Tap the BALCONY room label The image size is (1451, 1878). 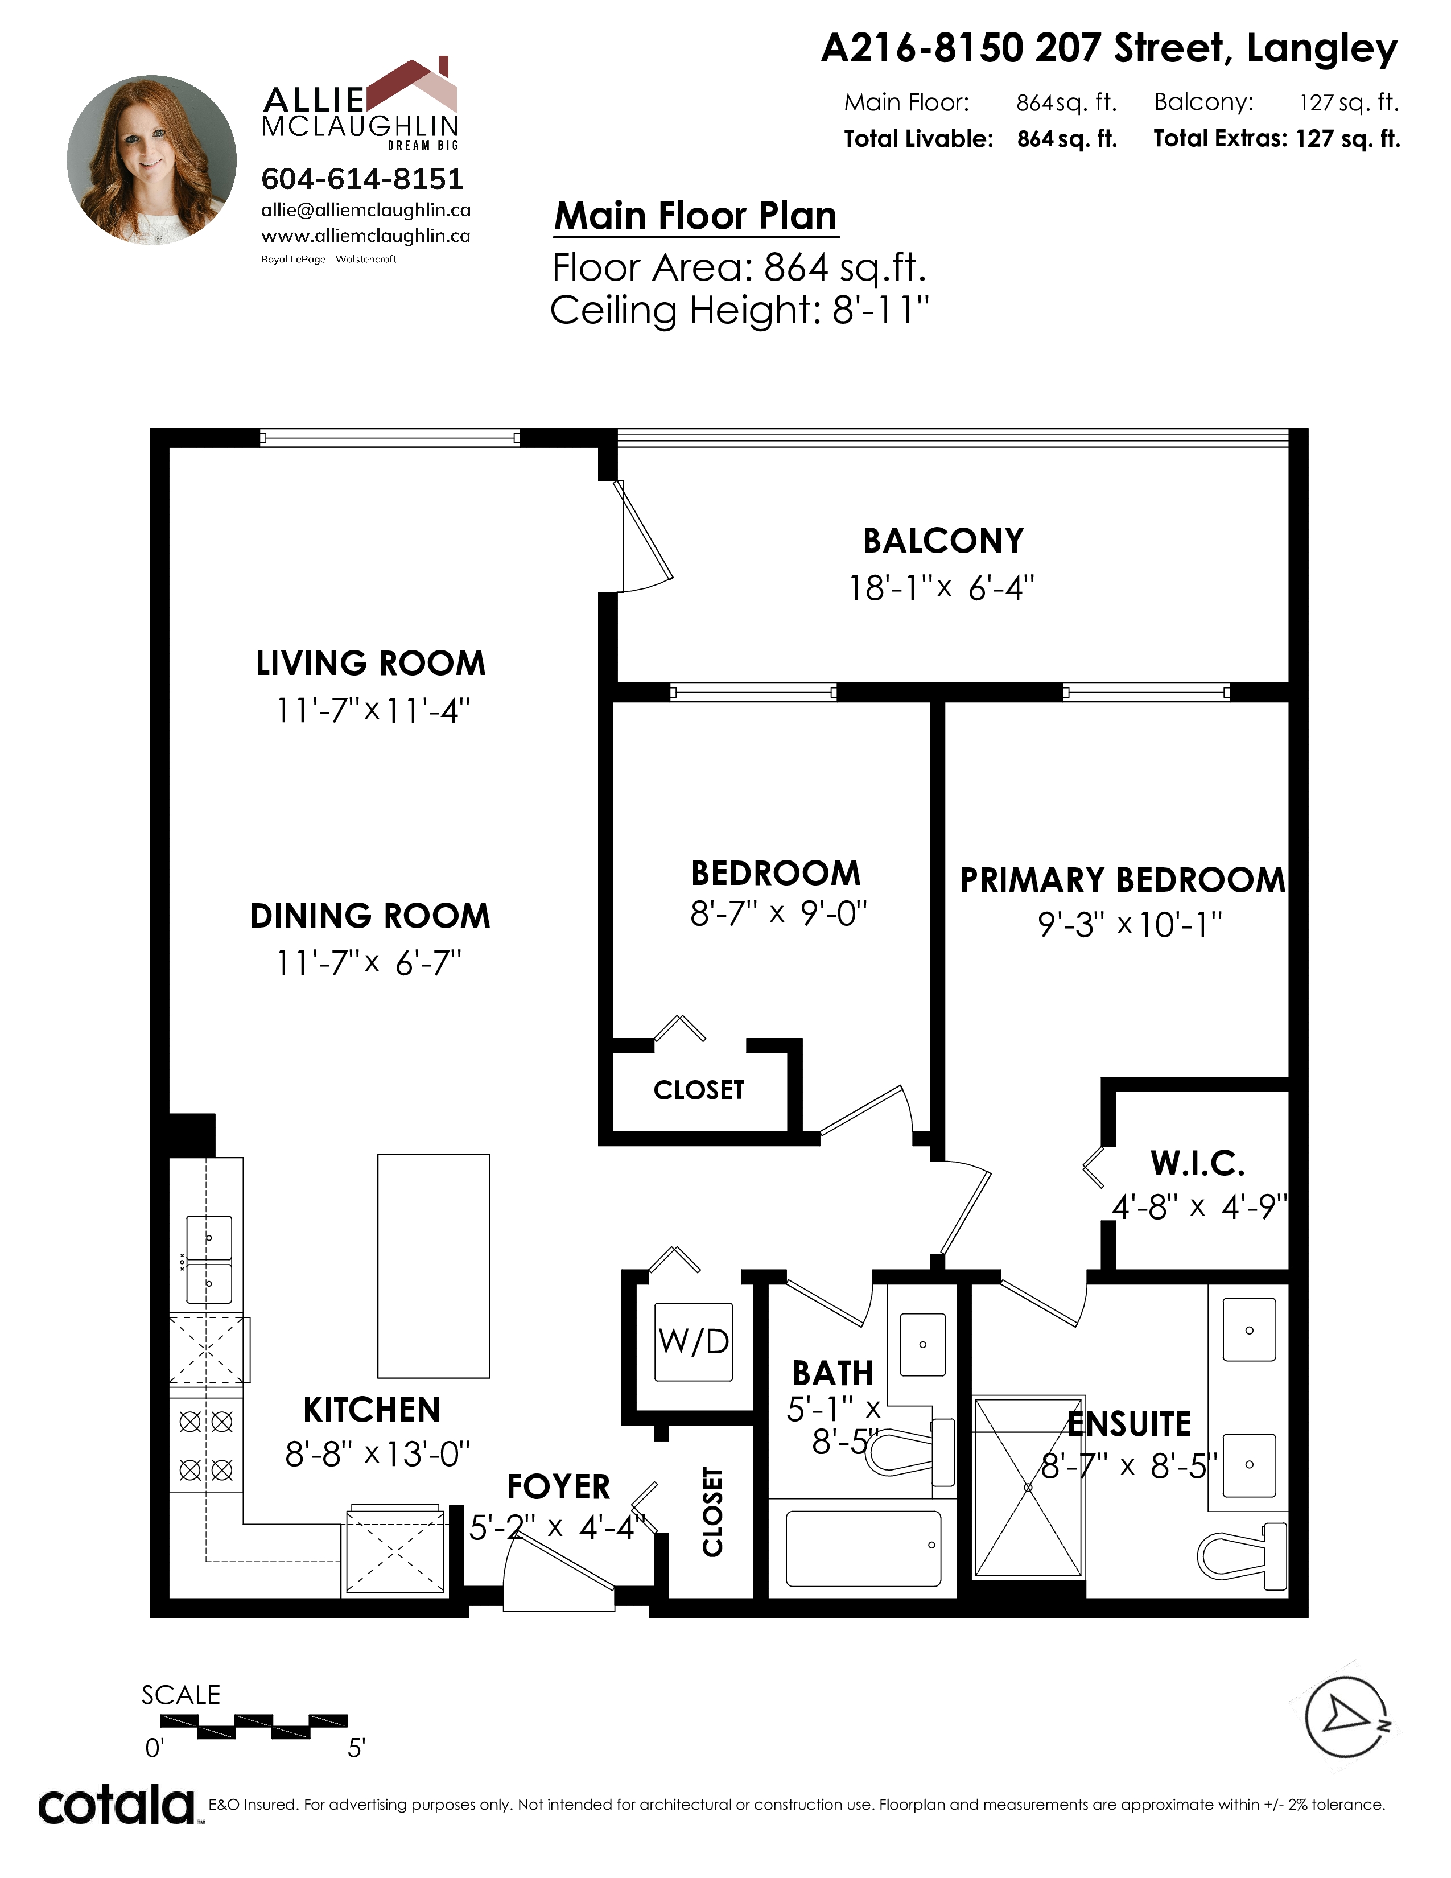pyautogui.click(x=943, y=541)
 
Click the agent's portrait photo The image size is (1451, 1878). pyautogui.click(x=151, y=159)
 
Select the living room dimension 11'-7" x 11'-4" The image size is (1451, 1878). pyautogui.click(x=373, y=710)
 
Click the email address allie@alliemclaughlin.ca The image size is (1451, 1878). pyautogui.click(x=365, y=211)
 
